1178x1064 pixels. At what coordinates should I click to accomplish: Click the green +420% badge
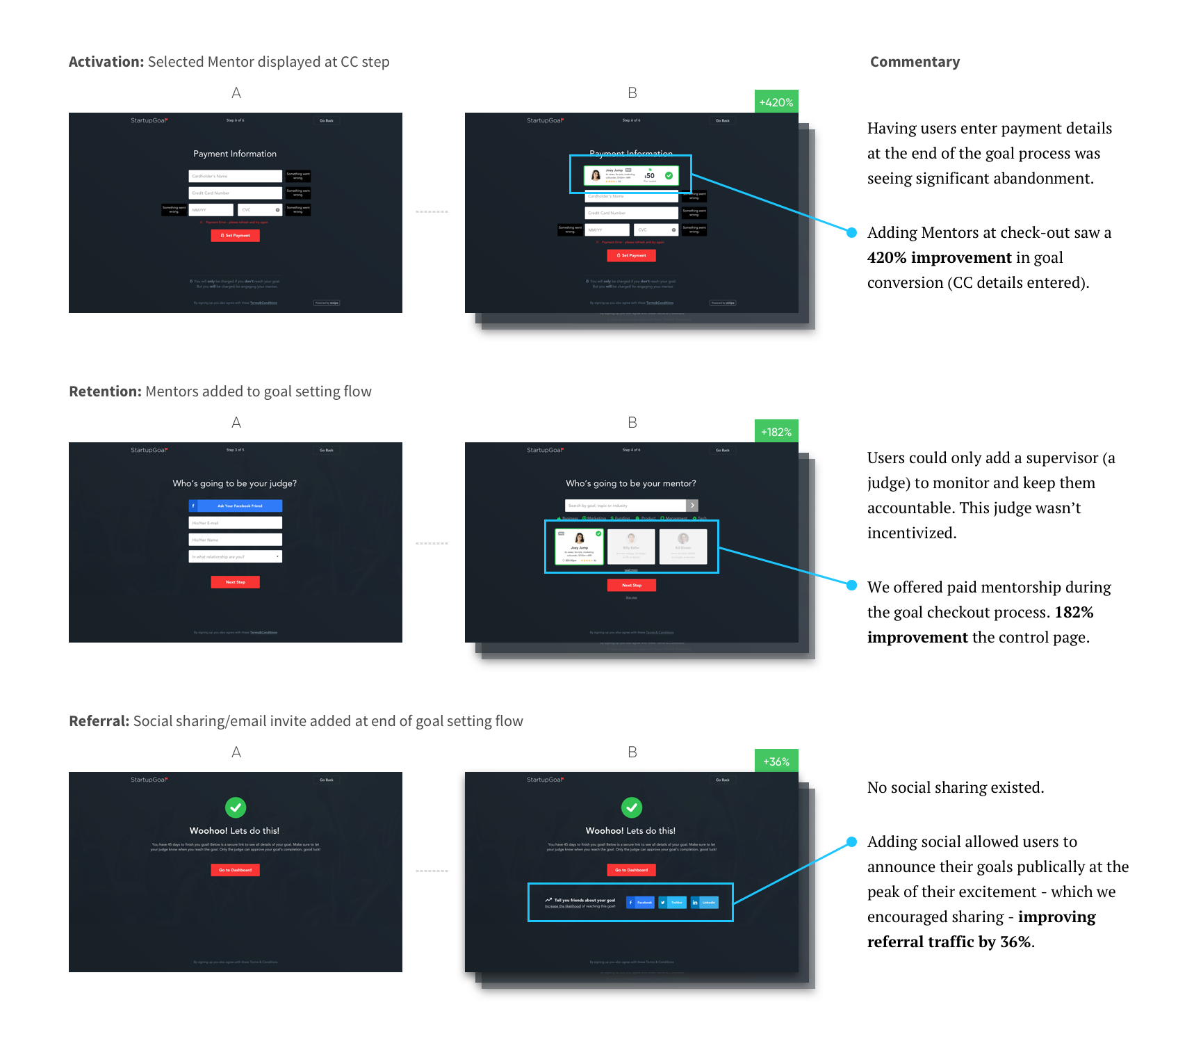coord(776,102)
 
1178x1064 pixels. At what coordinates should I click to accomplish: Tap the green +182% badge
coord(776,431)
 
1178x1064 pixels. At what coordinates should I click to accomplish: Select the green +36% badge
coord(776,761)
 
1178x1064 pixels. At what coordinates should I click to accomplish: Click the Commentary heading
coord(915,62)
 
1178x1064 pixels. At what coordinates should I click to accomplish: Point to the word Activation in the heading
coord(106,62)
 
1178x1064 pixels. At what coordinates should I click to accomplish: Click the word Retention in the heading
coord(105,392)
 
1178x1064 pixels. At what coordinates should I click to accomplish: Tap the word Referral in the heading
coord(99,721)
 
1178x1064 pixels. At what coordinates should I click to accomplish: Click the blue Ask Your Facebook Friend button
coord(235,506)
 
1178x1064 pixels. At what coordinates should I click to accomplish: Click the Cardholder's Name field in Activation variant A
coord(235,176)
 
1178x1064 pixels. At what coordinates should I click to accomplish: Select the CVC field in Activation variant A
coord(259,209)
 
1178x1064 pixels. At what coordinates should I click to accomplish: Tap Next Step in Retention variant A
coord(235,582)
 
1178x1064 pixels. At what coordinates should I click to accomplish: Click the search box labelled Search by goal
coord(625,506)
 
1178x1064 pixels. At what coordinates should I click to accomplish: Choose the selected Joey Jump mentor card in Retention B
coord(579,547)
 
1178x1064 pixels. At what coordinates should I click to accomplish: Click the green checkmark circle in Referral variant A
coord(236,807)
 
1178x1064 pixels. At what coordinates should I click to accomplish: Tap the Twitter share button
coord(672,903)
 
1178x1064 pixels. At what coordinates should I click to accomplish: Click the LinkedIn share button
coord(704,903)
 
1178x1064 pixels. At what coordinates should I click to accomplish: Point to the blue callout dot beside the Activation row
coord(851,232)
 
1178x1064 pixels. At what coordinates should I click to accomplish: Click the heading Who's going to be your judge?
coord(235,483)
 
